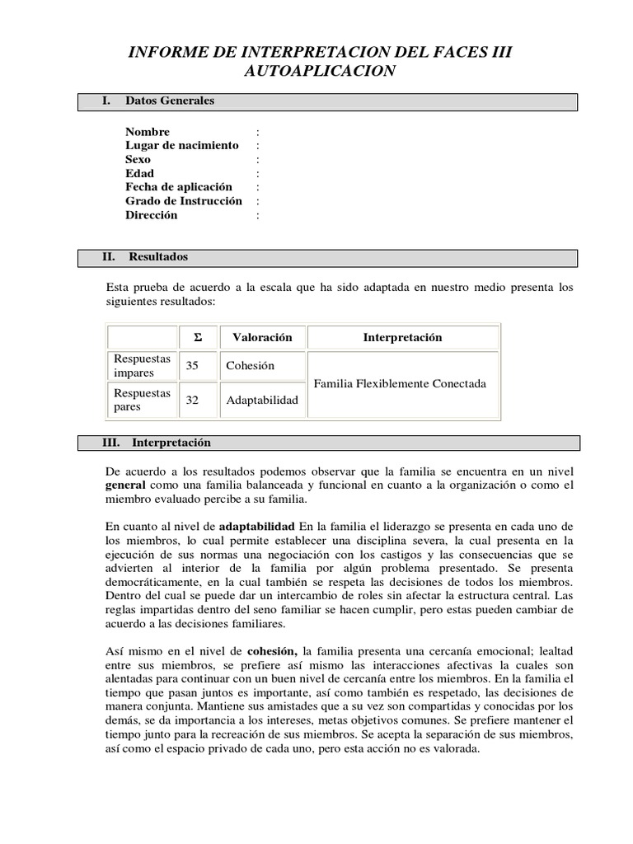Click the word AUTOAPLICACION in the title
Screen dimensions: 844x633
coord(320,72)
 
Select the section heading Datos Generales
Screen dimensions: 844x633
coord(170,101)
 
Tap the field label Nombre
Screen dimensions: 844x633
coord(148,132)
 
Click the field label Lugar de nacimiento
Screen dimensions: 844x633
coord(182,146)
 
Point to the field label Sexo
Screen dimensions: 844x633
coord(138,160)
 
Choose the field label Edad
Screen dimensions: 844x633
coord(140,174)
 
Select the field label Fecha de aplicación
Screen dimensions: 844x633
coord(179,187)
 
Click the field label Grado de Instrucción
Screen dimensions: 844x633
coord(184,201)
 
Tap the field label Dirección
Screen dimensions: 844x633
coord(152,215)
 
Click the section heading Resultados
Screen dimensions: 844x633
coord(158,257)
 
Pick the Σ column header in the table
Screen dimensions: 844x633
coord(197,338)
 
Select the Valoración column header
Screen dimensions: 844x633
coord(262,338)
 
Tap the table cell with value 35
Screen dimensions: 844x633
coord(192,366)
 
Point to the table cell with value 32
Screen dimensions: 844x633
coord(192,401)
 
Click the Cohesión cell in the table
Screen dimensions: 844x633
coord(251,366)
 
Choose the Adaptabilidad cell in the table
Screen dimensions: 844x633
coord(262,401)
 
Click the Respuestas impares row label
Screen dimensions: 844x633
coord(142,366)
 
